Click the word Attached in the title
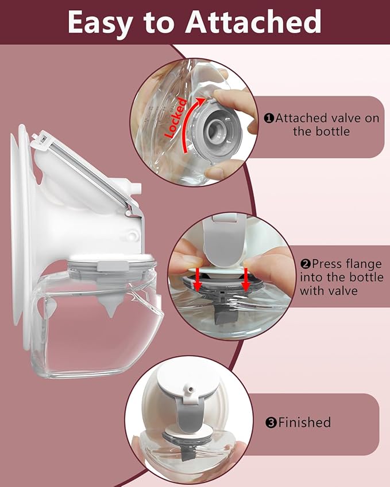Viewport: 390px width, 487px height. tap(253, 22)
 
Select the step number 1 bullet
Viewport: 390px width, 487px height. tap(268, 118)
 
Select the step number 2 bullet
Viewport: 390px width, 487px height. tap(306, 264)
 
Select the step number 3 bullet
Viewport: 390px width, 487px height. tap(271, 423)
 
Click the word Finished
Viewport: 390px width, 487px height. tap(304, 423)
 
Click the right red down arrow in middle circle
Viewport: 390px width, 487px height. tap(246, 276)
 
